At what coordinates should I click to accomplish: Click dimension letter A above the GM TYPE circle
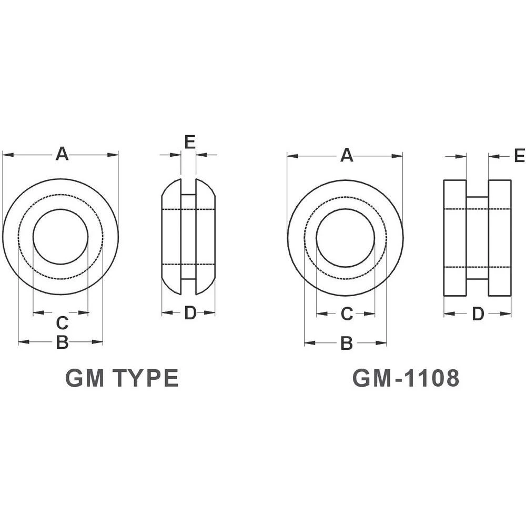pos(62,154)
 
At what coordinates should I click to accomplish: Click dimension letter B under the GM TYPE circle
pos(62,342)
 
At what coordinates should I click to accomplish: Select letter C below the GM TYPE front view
pos(62,322)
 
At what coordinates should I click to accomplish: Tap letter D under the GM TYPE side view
pos(190,313)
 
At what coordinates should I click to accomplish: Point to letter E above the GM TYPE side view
pos(190,141)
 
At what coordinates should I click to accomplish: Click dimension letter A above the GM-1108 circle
pos(346,155)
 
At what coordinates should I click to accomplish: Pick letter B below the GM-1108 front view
pos(346,343)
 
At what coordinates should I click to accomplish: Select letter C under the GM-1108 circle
pos(346,314)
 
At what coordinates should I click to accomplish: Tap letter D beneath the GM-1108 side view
pos(477,314)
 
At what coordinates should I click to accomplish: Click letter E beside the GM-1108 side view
pos(519,156)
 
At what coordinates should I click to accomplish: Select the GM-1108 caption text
pos(406,378)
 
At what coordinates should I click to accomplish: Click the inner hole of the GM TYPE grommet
pos(60,237)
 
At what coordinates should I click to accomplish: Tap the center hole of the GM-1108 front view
pos(346,238)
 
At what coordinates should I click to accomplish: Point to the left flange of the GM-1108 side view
pos(455,238)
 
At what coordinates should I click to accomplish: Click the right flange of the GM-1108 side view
pos(500,238)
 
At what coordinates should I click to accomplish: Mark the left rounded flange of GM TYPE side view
pos(171,237)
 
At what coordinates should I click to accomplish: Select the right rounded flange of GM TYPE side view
pos(206,237)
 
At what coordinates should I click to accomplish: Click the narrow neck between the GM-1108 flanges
pos(477,238)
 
